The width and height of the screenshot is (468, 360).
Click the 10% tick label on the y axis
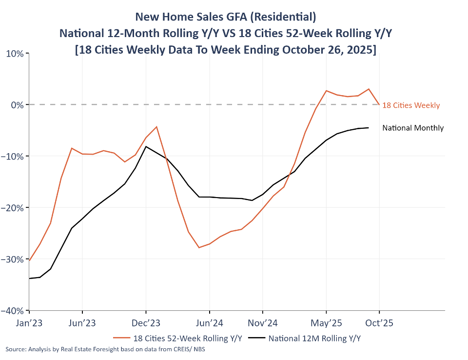[15, 53]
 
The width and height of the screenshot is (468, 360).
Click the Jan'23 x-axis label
[29, 323]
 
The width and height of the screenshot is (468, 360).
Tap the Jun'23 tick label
[82, 323]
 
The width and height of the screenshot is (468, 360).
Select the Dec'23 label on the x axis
[146, 323]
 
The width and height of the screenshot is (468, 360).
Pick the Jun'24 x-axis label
[210, 323]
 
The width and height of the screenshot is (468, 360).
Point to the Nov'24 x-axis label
[263, 323]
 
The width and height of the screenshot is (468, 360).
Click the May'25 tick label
[326, 323]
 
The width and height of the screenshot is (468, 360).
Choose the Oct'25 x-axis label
[379, 323]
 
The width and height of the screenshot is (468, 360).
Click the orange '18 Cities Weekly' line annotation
[411, 105]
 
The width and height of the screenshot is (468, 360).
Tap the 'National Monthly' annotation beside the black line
[413, 128]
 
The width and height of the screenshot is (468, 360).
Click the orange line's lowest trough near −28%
[199, 247]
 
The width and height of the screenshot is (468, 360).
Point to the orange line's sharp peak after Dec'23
[156, 127]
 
